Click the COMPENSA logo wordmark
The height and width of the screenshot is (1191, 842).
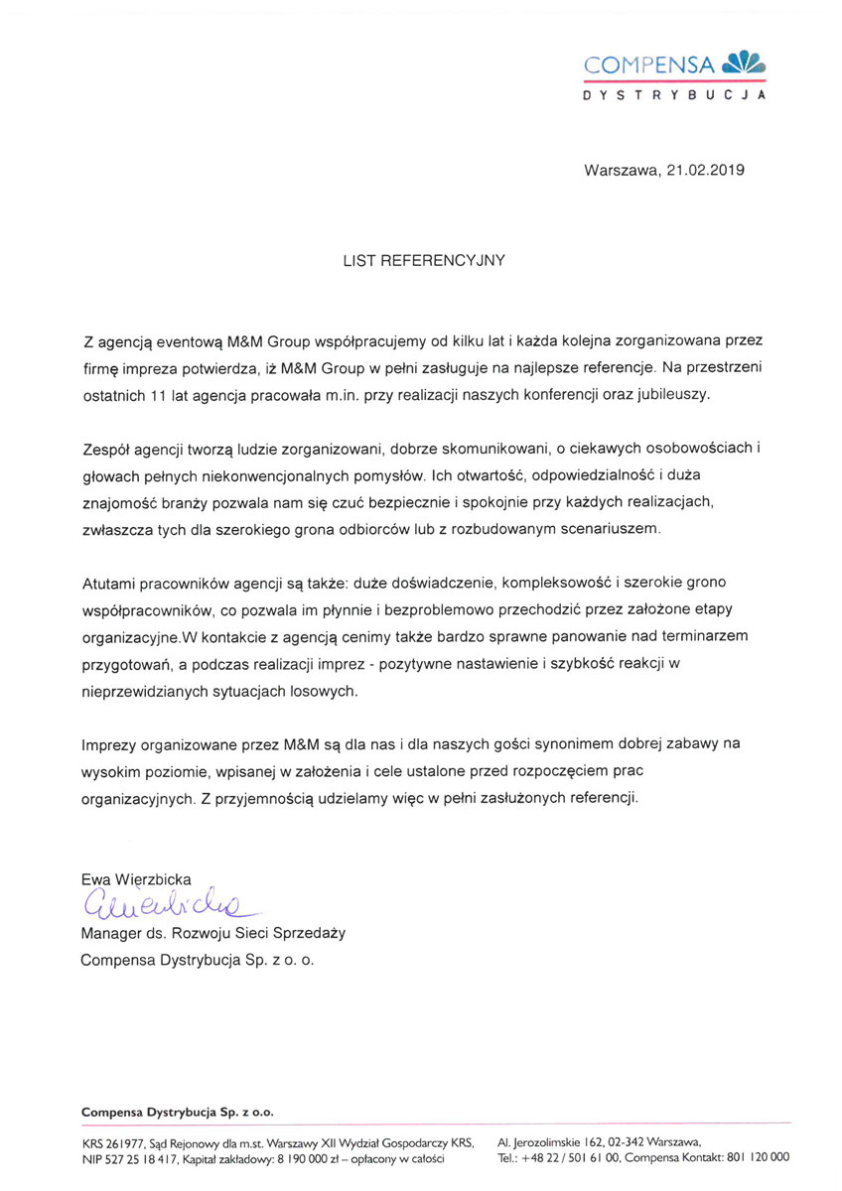click(649, 66)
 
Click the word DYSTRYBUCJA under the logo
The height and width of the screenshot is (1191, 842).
click(674, 96)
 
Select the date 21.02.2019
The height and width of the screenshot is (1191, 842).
click(705, 170)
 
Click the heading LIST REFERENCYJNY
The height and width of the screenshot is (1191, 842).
click(424, 261)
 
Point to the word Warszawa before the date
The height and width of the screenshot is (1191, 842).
click(621, 170)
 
